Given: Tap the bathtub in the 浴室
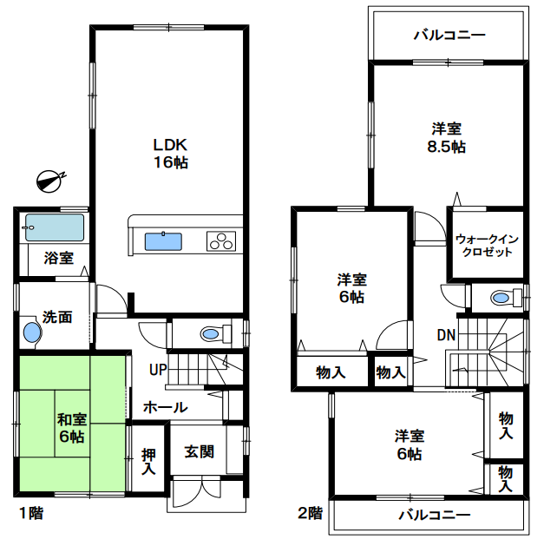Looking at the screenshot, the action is tap(55, 227).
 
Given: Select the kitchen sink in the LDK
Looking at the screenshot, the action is tap(163, 241).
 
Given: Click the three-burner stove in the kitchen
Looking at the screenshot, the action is tap(221, 241).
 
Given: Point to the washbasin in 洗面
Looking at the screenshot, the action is tap(32, 332).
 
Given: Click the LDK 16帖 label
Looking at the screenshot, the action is tap(171, 154).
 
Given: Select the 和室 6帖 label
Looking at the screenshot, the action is tap(72, 428).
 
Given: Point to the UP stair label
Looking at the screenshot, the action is tap(158, 370).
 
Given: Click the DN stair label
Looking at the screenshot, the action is tap(446, 335).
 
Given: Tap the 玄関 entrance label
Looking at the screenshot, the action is tap(199, 451).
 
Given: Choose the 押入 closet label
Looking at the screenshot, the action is tap(148, 462).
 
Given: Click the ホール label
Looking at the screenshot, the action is tap(166, 407).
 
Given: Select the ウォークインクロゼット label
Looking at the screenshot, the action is tap(487, 246).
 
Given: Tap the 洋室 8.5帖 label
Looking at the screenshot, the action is tap(447, 138).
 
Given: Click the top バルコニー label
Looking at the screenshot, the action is tap(449, 36).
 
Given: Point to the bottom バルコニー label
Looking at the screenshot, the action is tap(435, 515).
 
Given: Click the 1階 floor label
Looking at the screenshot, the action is tap(31, 513).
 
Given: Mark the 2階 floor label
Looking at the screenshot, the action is tap(310, 513).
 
